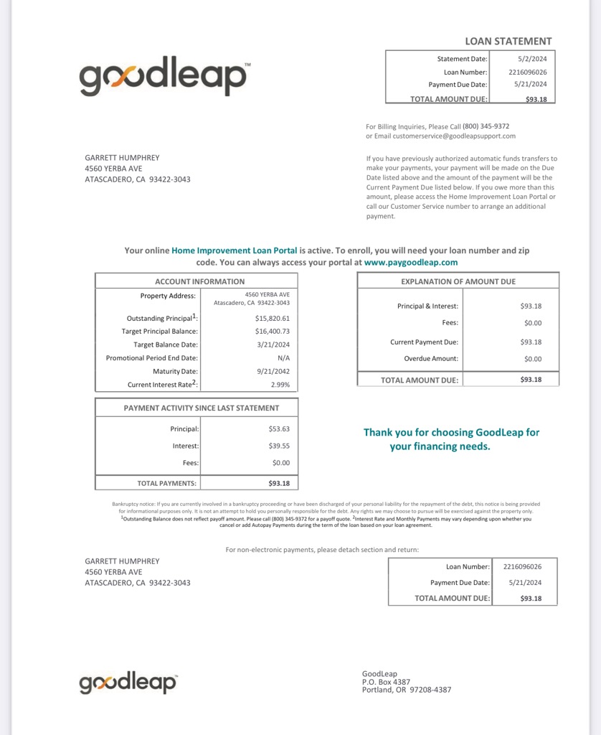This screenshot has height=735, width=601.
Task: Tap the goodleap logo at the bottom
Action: click(128, 683)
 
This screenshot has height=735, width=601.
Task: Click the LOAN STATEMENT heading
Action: click(508, 41)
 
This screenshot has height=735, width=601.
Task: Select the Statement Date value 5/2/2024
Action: click(531, 59)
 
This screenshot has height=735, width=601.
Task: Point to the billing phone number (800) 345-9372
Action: click(486, 126)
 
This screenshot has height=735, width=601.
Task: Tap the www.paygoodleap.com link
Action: click(411, 263)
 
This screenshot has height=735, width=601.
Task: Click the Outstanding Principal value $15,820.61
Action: click(272, 318)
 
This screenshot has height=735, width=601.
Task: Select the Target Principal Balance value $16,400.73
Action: click(272, 331)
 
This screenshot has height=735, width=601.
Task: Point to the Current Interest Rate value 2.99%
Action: click(280, 385)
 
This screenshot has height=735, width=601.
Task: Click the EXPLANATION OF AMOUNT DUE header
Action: click(458, 281)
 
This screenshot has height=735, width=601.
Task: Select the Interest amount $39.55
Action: click(280, 446)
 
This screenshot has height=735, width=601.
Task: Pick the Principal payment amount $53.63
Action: click(280, 429)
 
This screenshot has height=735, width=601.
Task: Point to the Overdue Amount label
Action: click(430, 358)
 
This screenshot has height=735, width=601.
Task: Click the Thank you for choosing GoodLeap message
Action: click(451, 439)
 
